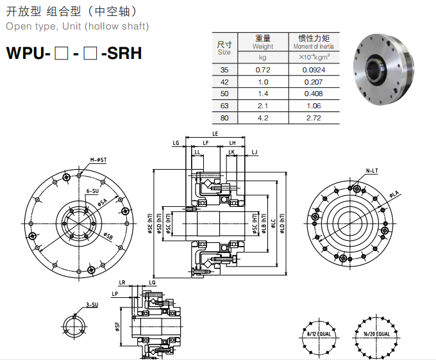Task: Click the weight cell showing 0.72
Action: point(262,69)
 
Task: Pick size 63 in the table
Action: point(224,106)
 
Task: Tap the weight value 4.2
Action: point(262,118)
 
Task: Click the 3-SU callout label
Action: point(92,304)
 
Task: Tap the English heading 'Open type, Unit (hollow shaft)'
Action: point(78,26)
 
